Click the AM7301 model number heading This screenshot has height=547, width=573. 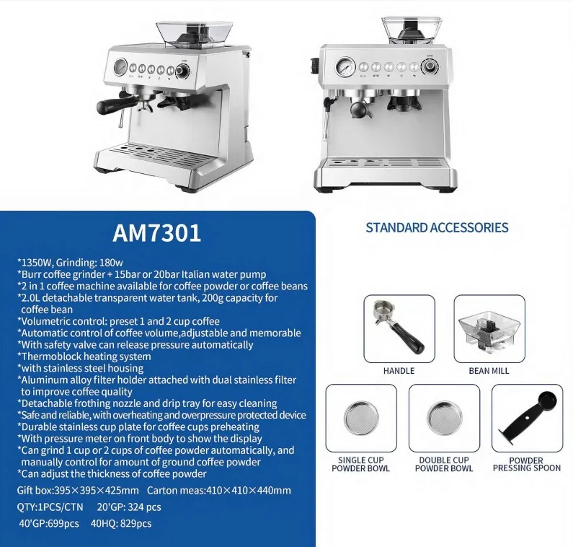(x=157, y=232)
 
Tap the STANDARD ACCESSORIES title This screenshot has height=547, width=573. (x=437, y=227)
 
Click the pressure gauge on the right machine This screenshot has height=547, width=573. (x=345, y=67)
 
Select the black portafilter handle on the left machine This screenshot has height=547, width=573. (x=112, y=105)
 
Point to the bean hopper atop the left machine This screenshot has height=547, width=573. (x=194, y=34)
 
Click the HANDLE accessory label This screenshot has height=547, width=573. (x=399, y=371)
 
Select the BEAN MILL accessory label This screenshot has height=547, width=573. (x=489, y=371)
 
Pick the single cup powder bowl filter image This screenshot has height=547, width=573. (x=361, y=418)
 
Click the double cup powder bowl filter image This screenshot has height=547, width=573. (x=445, y=418)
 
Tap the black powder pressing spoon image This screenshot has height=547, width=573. (x=527, y=418)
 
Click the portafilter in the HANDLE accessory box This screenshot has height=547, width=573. (x=398, y=327)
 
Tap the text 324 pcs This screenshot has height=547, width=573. (x=145, y=507)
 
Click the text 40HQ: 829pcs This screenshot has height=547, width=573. (x=121, y=524)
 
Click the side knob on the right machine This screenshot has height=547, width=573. (x=315, y=66)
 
